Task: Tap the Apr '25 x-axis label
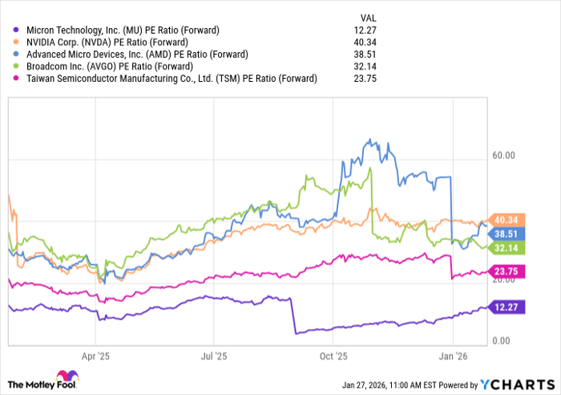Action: (x=95, y=353)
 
